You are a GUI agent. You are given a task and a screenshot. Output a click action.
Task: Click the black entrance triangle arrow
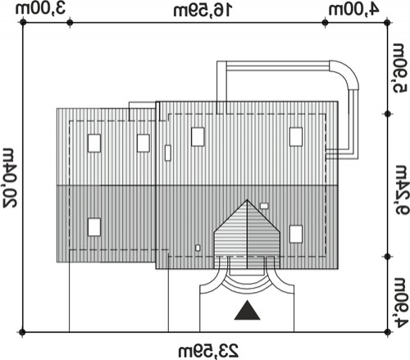click(x=247, y=310)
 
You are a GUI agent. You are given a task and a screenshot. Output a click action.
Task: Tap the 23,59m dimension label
click(x=208, y=351)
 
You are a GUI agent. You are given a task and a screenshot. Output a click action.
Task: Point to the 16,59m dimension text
click(x=203, y=11)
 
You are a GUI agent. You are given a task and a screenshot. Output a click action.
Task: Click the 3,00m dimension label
click(x=40, y=9)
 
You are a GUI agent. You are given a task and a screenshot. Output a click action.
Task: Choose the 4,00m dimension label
click(x=353, y=10)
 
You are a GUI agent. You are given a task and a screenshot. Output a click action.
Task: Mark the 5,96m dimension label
click(x=400, y=68)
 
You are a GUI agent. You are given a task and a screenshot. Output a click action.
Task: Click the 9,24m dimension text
click(x=401, y=189)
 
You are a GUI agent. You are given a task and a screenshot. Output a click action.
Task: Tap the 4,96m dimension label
click(x=401, y=303)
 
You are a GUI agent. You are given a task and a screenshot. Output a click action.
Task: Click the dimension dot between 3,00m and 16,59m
click(x=70, y=23)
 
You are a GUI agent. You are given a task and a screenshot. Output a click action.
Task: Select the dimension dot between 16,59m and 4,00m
click(x=325, y=23)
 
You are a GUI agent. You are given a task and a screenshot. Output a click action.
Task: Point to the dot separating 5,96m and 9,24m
click(x=387, y=114)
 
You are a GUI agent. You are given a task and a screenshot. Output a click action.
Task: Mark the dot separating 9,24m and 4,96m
click(x=387, y=257)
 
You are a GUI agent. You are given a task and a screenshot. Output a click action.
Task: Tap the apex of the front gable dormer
click(x=247, y=200)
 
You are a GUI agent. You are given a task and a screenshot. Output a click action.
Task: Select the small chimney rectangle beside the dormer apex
click(x=264, y=206)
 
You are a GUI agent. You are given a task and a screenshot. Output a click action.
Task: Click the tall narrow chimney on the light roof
click(x=168, y=153)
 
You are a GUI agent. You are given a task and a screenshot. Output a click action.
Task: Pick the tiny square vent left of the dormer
click(x=198, y=248)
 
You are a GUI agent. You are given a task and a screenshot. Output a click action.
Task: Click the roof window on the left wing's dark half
click(x=94, y=227)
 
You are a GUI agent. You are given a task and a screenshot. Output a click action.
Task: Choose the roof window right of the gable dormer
click(x=296, y=234)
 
